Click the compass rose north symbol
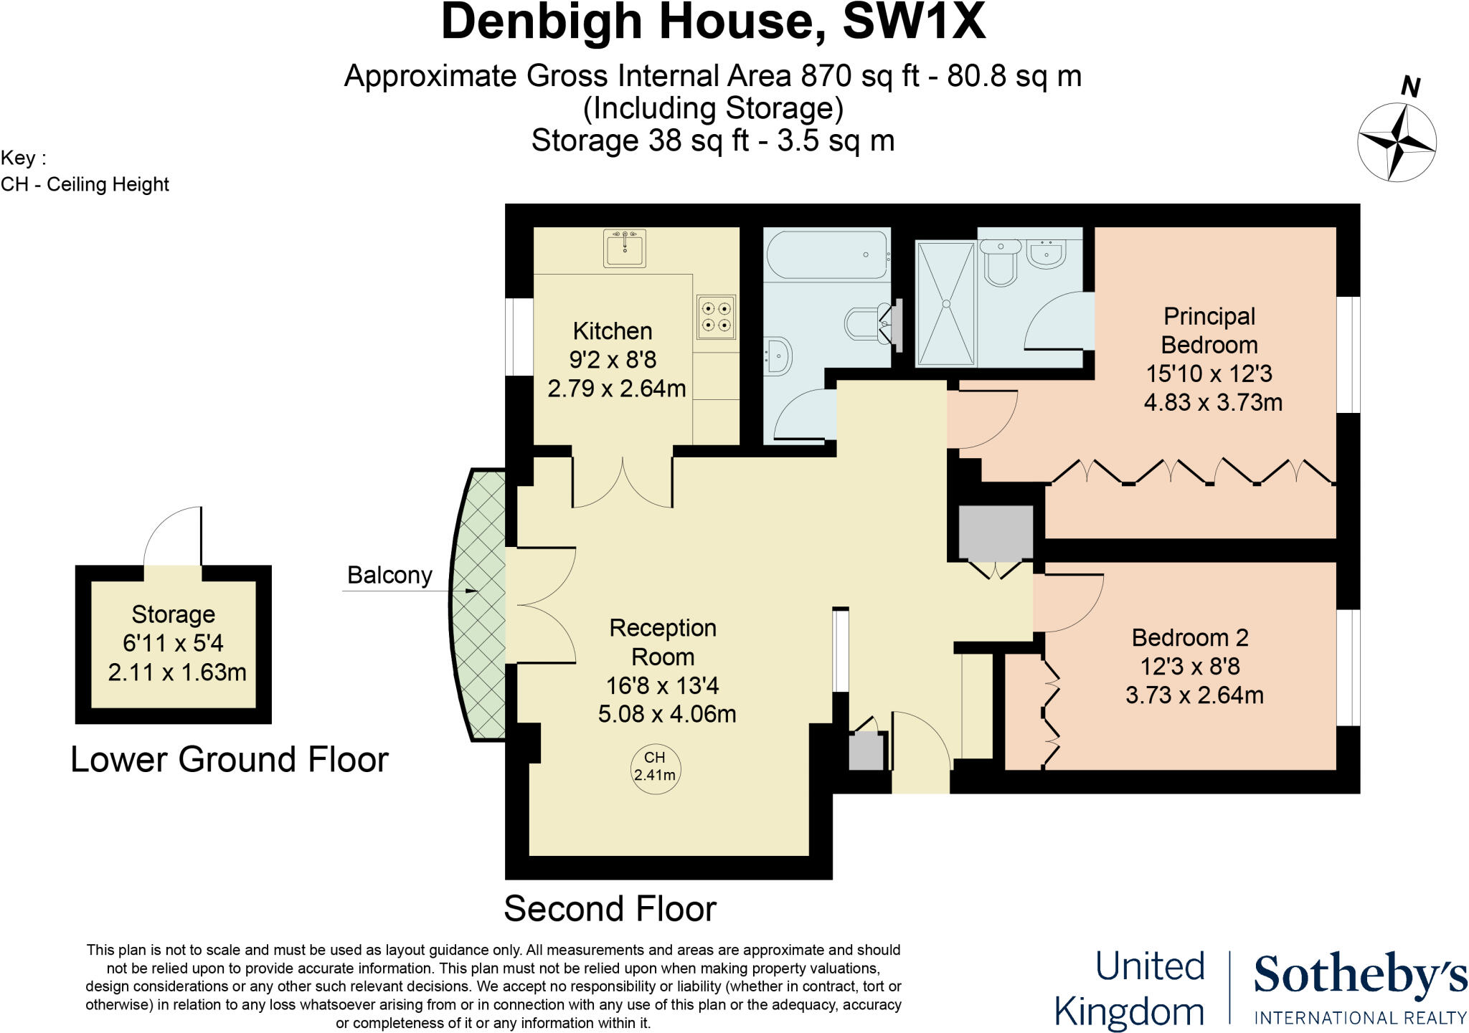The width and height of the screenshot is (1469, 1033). tap(1396, 141)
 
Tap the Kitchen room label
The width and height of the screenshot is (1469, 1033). tap(612, 331)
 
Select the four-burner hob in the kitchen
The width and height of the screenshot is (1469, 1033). tap(716, 317)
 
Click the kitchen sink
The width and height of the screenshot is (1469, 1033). tap(624, 249)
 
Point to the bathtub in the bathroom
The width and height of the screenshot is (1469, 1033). tap(827, 254)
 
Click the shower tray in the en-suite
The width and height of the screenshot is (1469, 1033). tap(945, 303)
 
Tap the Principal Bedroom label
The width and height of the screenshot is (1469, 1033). tap(1209, 330)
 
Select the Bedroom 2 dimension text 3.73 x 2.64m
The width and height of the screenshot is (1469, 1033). tap(1194, 695)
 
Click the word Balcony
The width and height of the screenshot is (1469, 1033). tap(389, 576)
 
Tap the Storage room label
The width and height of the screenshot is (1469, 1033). tap(173, 614)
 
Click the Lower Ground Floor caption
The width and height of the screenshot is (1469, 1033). tap(230, 760)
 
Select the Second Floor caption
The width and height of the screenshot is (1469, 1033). tap(610, 909)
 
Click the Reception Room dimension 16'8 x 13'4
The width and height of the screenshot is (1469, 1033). tap(662, 686)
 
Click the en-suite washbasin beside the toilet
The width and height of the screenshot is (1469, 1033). tap(1047, 253)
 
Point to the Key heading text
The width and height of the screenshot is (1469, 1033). tap(23, 158)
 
